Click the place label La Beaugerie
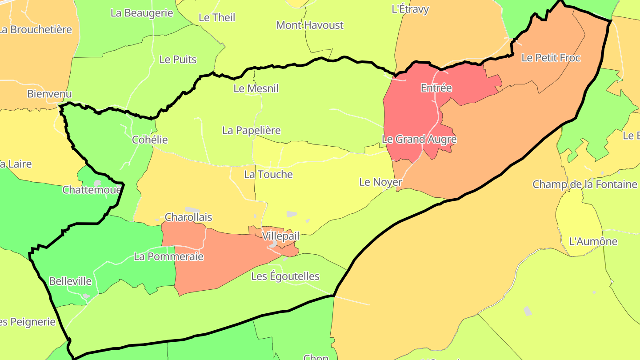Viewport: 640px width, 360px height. tap(142, 13)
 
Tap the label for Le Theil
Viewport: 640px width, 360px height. tap(217, 17)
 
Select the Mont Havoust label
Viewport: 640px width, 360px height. tap(310, 25)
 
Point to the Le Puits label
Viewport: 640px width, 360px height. tap(178, 60)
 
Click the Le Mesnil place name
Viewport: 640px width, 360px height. tap(256, 88)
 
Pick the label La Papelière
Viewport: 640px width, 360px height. tap(252, 130)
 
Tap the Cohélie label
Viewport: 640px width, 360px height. tap(150, 140)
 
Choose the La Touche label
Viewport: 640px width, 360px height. tap(268, 174)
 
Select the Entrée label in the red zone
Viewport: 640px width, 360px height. tap(436, 88)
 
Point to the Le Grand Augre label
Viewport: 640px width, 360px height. tap(419, 139)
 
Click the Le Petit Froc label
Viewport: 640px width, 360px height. tap(551, 58)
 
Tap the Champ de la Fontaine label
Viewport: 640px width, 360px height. tap(585, 184)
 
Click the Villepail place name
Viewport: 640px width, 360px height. tap(280, 236)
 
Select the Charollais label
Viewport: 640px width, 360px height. tap(188, 217)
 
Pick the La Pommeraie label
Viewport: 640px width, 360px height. tap(168, 256)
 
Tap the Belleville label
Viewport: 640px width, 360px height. tap(70, 281)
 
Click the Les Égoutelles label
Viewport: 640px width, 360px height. tap(285, 276)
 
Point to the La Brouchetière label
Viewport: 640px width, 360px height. tap(36, 29)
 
